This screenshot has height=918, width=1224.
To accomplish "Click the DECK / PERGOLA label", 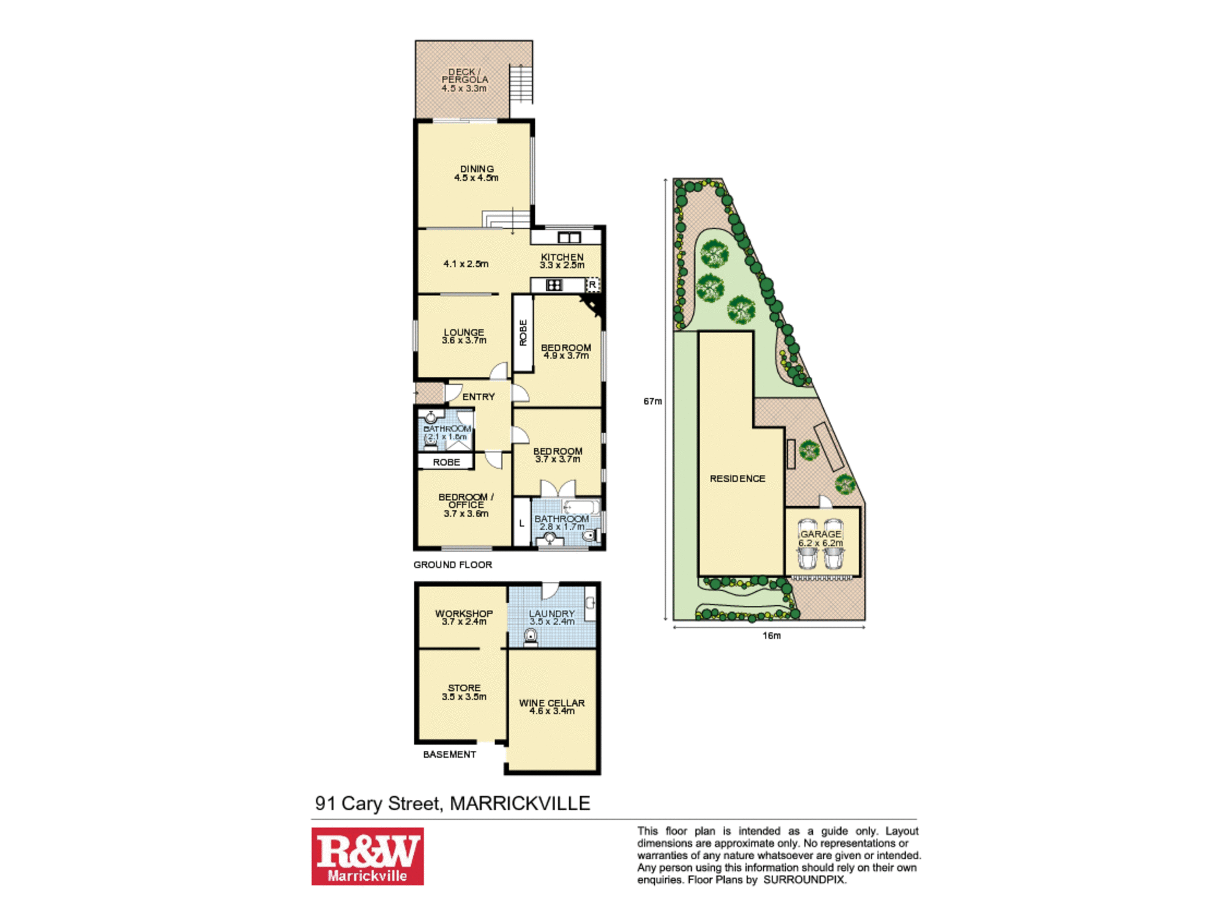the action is pyautogui.click(x=465, y=80).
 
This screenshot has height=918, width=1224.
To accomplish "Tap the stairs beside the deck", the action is pyautogui.click(x=521, y=83).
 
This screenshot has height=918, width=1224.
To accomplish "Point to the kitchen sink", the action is pyautogui.click(x=569, y=237).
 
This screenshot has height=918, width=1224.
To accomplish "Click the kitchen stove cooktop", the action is pyautogui.click(x=554, y=285).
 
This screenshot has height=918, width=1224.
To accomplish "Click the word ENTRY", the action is pyautogui.click(x=479, y=397).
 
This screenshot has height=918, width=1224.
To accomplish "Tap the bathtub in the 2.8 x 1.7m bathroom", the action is pyautogui.click(x=581, y=507).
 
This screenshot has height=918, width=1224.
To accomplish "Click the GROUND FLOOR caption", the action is pyautogui.click(x=453, y=564).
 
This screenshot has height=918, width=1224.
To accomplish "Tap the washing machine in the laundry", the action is pyautogui.click(x=531, y=638).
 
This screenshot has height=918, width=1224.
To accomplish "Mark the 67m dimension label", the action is pyautogui.click(x=652, y=401).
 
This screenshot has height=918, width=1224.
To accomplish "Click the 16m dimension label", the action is pyautogui.click(x=772, y=636).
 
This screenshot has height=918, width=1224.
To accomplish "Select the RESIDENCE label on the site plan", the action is pyautogui.click(x=737, y=479).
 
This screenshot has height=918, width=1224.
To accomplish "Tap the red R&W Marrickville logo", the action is pyautogui.click(x=367, y=856).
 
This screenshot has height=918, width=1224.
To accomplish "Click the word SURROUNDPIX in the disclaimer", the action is pyautogui.click(x=804, y=879).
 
